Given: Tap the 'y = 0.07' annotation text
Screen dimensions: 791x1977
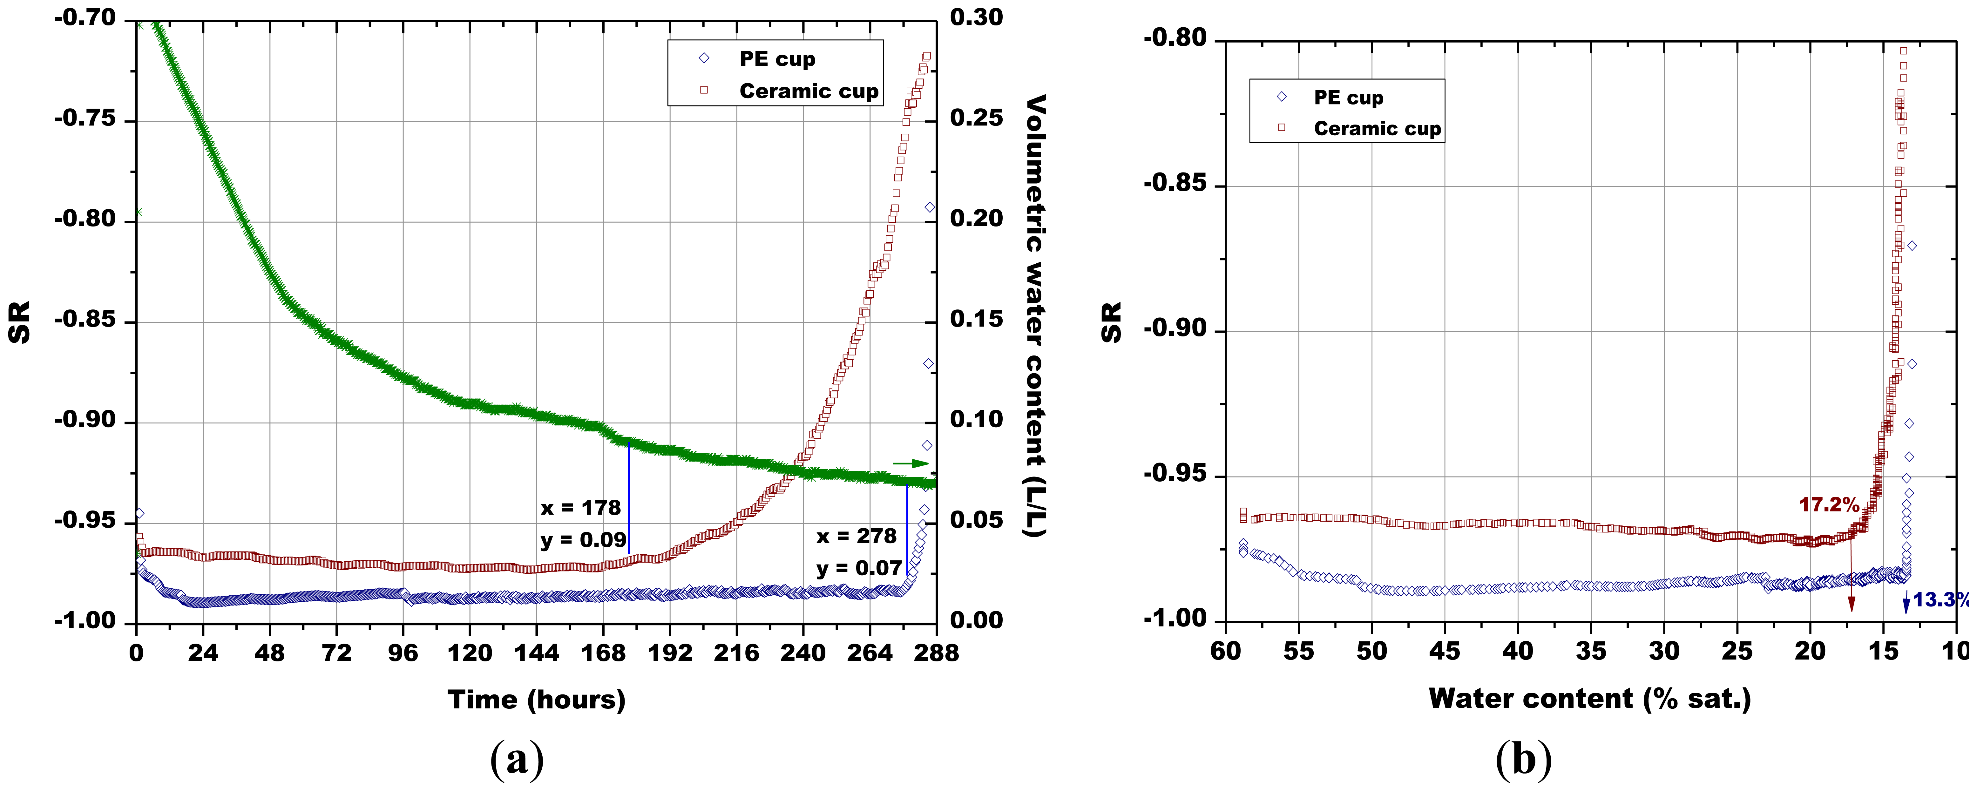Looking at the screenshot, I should (858, 569).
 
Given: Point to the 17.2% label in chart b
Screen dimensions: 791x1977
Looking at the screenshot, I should (1829, 505).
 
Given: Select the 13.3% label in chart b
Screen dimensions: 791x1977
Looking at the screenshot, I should (1940, 599).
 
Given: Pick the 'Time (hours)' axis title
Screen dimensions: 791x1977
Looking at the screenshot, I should (537, 700).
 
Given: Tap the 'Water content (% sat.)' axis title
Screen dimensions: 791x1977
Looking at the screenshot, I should (1589, 698).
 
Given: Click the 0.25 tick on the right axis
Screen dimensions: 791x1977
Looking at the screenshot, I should (976, 118).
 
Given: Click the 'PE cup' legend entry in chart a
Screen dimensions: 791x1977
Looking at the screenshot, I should (777, 59).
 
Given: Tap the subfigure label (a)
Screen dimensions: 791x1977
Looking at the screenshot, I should (517, 760).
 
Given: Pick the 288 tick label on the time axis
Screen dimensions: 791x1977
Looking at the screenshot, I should (936, 653).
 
